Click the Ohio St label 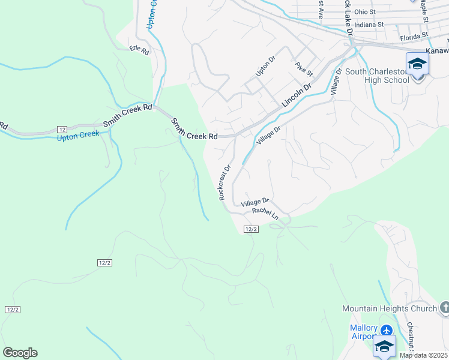[x=364, y=11]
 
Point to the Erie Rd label [x=139, y=50]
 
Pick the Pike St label [x=304, y=69]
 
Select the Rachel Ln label [x=265, y=213]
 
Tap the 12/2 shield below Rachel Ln [x=252, y=229]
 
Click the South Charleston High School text [x=377, y=76]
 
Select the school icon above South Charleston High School [x=417, y=64]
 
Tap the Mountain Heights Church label [x=389, y=308]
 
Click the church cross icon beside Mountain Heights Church [x=444, y=308]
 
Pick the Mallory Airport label [x=364, y=332]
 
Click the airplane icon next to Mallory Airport [x=386, y=329]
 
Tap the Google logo [x=20, y=353]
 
